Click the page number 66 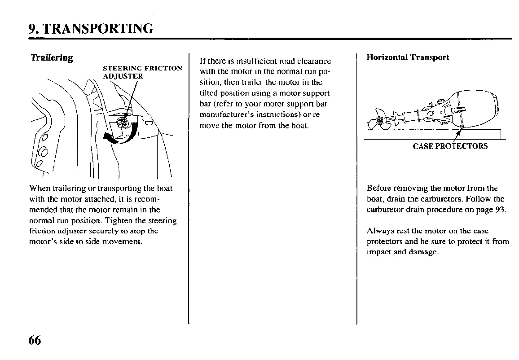point(35,340)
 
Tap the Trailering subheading point(51,58)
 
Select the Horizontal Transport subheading point(408,57)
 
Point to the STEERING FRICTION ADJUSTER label point(142,72)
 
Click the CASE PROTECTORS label point(450,146)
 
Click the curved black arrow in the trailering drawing point(120,134)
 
